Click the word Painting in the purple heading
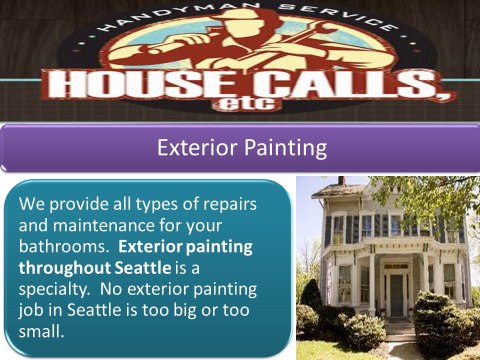(x=283, y=150)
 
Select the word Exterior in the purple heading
(x=196, y=150)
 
